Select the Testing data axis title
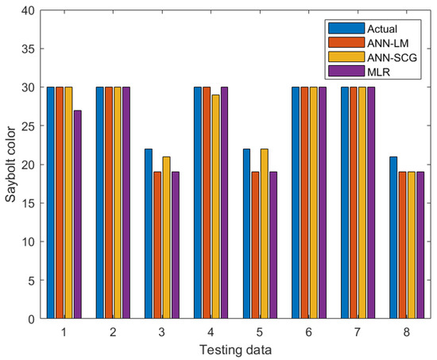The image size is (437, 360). (236, 348)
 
